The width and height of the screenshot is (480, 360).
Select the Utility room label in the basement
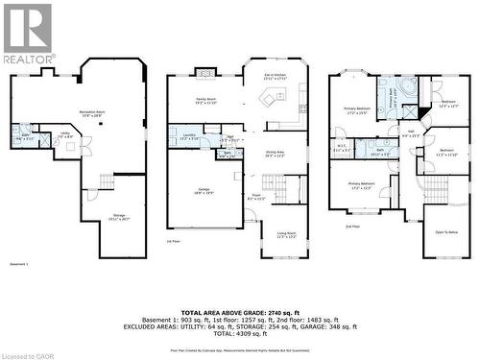point(66,135)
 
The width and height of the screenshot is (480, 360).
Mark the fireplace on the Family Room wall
point(205,70)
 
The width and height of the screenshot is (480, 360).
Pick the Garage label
point(204,193)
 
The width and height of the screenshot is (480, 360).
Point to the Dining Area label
point(275,153)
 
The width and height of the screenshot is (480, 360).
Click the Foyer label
point(257,198)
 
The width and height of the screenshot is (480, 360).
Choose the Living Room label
point(286,233)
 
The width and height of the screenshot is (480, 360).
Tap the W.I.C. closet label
point(342,149)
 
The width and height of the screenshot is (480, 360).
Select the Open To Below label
point(446,232)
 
